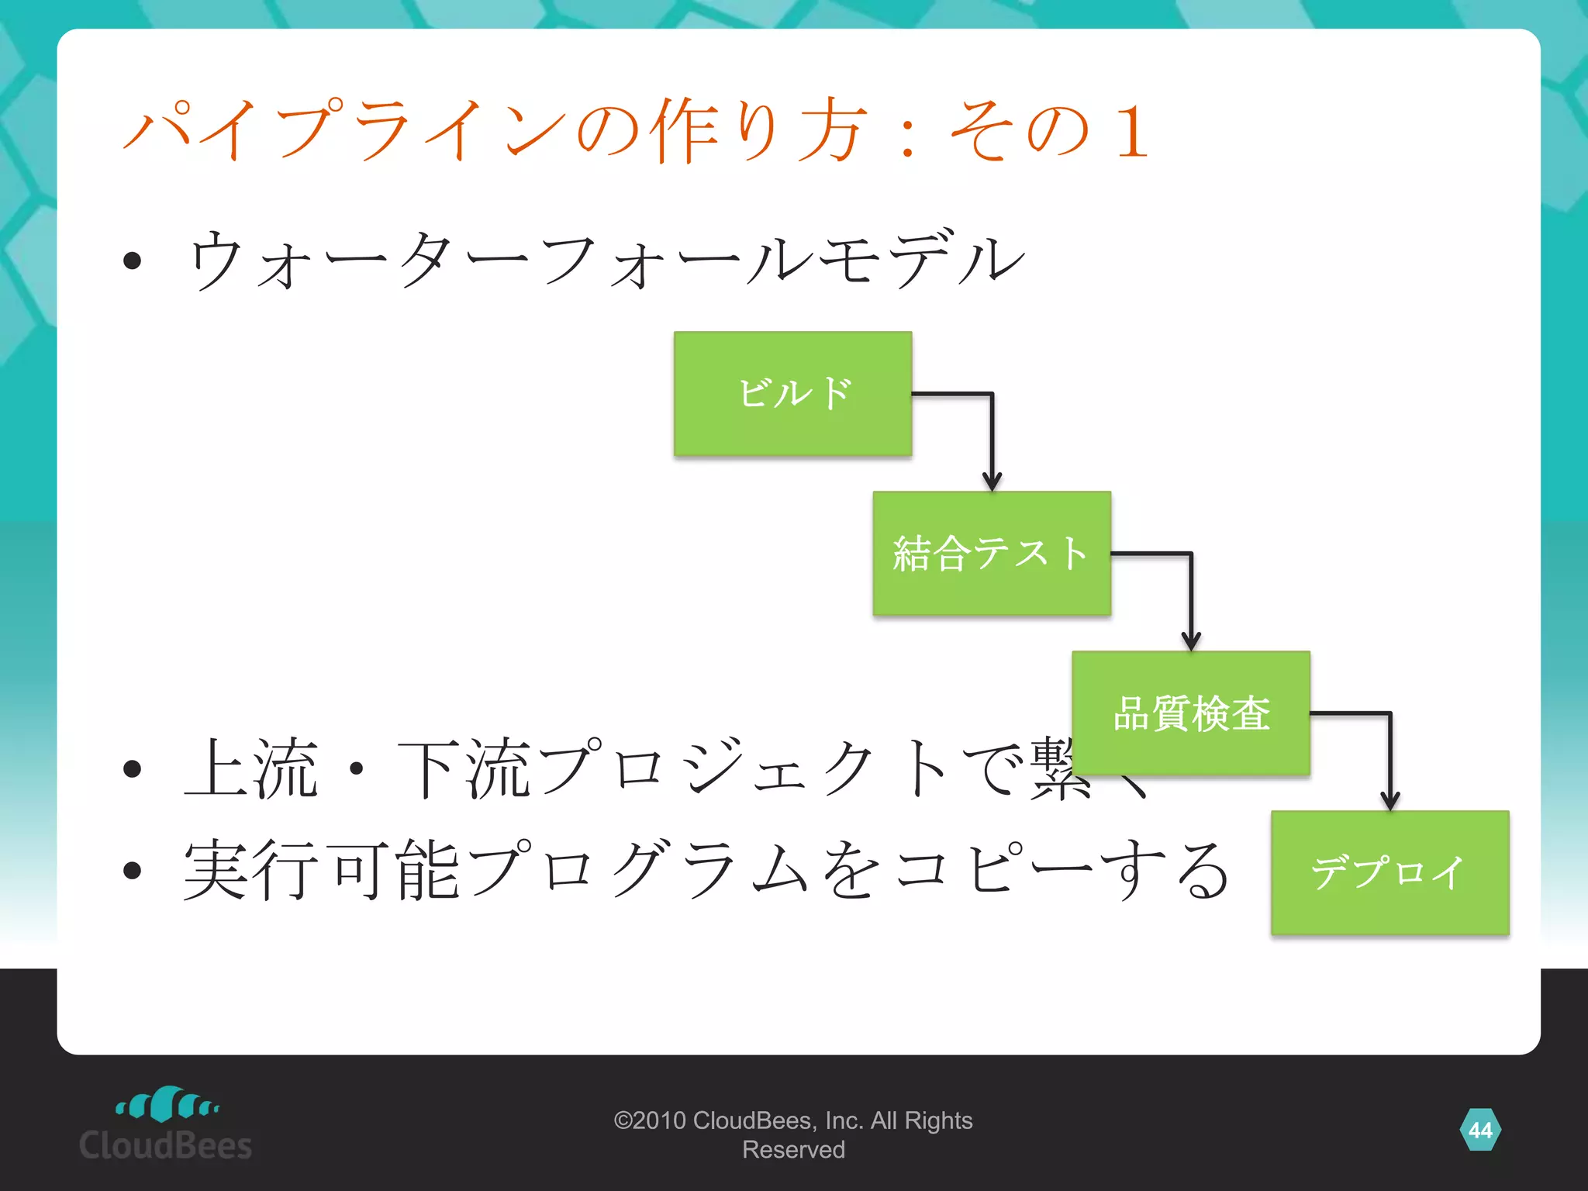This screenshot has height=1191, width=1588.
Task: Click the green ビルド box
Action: tap(792, 393)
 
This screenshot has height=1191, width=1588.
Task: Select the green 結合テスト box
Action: tap(992, 553)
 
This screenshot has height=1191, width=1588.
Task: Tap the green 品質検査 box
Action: tap(1191, 713)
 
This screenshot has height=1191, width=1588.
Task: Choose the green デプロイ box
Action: tap(1389, 872)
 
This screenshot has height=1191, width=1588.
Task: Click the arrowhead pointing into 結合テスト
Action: tap(992, 481)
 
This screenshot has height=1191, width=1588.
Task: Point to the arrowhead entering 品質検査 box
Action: tap(1191, 640)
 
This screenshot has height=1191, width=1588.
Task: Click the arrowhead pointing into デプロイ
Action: tap(1389, 800)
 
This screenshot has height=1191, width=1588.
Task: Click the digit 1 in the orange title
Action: tap(1131, 132)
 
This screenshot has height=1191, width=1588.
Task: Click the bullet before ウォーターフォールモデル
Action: tap(132, 261)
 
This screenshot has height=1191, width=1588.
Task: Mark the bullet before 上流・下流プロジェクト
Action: tap(132, 768)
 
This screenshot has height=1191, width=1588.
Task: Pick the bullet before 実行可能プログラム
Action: tap(132, 870)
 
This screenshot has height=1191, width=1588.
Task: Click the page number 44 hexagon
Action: tap(1479, 1130)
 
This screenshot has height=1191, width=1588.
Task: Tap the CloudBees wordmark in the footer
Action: tap(165, 1145)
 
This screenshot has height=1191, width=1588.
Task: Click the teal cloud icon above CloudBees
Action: tap(167, 1103)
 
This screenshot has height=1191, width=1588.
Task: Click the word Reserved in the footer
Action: tap(793, 1150)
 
